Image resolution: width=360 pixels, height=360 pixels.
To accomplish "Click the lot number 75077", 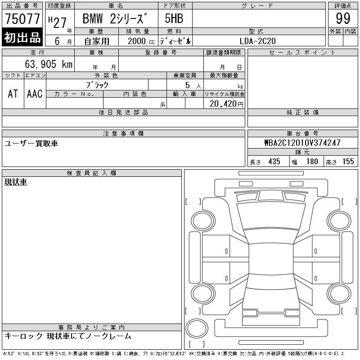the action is pos(22,18).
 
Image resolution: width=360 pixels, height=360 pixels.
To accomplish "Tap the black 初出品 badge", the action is pos(22,37).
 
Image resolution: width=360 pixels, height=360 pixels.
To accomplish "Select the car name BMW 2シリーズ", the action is pos(114,18).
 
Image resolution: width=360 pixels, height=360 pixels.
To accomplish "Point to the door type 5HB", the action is pos(174,18).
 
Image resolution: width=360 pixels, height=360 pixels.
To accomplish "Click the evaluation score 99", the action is pos(343,18).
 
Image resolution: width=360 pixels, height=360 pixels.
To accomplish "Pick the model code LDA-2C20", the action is pos(257,41).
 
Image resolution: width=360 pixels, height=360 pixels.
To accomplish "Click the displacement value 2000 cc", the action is pos(141,41).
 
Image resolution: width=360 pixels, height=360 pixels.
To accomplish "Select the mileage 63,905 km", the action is pos(49,64).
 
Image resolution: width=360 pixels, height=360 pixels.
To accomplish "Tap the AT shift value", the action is pos(13,94).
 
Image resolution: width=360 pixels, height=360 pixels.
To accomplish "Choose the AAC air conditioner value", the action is pos(35,94).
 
